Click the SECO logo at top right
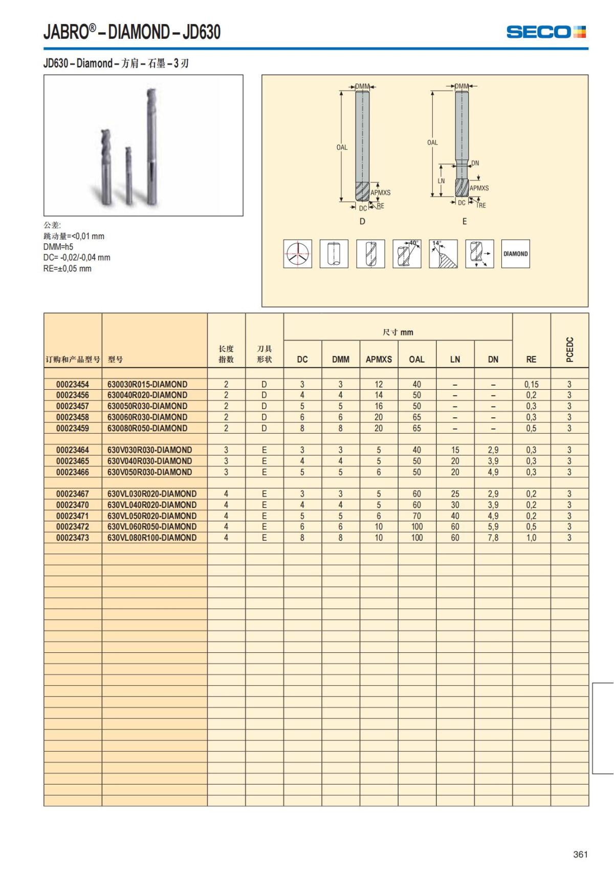click(545, 32)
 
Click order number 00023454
click(73, 384)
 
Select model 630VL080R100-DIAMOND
click(152, 538)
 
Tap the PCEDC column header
click(570, 349)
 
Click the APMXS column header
click(379, 359)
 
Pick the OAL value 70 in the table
click(416, 516)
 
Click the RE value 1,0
click(531, 538)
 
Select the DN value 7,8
click(493, 538)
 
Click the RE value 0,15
click(531, 384)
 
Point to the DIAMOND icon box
click(515, 253)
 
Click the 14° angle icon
click(443, 253)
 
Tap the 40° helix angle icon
click(407, 253)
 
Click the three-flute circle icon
click(297, 253)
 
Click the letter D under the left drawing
click(362, 221)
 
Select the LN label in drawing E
click(441, 181)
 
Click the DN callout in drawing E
click(475, 163)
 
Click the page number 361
click(580, 854)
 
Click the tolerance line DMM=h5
click(58, 247)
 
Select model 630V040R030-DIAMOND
click(150, 461)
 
